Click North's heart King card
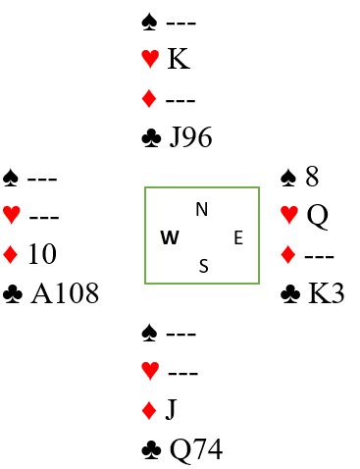coord(179,59)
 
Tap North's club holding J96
coord(191,137)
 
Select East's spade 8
coord(312,177)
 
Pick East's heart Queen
coord(318,216)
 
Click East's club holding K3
coord(327,293)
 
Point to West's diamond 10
coord(42,254)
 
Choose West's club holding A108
coord(65,293)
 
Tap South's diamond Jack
coord(171,409)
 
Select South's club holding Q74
coord(196,450)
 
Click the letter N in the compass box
coord(202,209)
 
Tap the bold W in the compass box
coord(170,237)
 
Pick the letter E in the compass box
coord(238,237)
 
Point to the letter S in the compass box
coord(203,266)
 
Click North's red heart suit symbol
coord(150,59)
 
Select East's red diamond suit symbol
coord(288,255)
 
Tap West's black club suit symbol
coord(13,293)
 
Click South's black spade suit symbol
coord(149,333)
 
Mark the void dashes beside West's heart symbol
coord(44,217)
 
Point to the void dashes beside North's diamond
coord(180,100)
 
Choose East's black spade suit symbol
coord(288,178)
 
